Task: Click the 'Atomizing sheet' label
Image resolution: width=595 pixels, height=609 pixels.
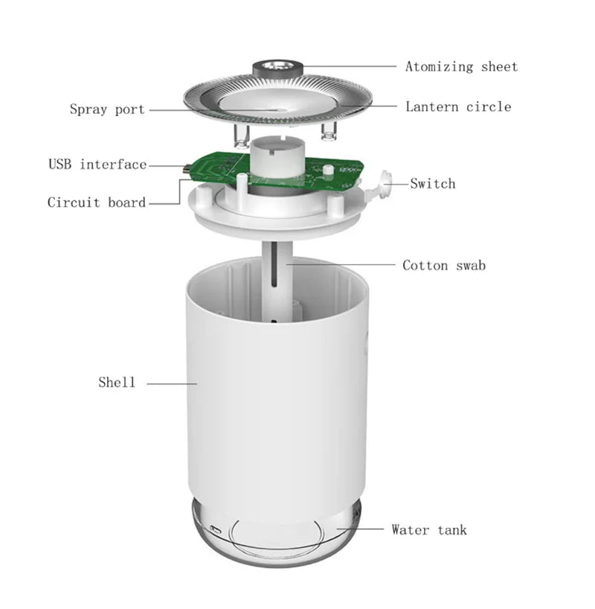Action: (461, 67)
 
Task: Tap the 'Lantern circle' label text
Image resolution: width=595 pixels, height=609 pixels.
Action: (458, 106)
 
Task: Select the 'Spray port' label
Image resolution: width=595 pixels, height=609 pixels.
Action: (108, 109)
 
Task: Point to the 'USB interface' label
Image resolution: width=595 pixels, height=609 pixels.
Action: (97, 165)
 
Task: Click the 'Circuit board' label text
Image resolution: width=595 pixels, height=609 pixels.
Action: (97, 203)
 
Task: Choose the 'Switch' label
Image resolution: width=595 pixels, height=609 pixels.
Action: (432, 183)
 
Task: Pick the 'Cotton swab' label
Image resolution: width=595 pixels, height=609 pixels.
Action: (444, 265)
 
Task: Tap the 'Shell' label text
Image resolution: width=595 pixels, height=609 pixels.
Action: (117, 383)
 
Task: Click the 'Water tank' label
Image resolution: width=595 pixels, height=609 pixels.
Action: (429, 530)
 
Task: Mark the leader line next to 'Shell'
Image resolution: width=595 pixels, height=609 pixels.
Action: (172, 383)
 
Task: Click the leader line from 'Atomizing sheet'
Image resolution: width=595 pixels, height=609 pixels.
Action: (350, 66)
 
